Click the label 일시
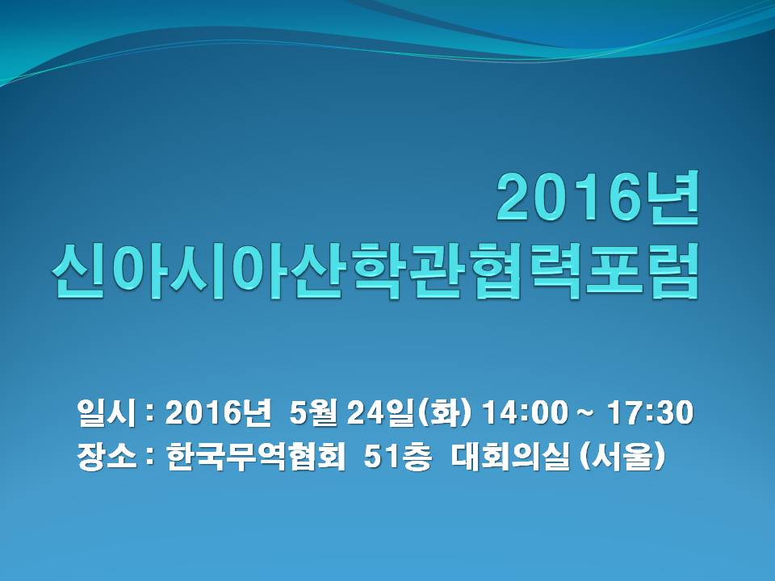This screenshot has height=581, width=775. click(x=107, y=412)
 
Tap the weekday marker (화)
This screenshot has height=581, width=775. click(x=444, y=413)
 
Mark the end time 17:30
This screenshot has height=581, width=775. click(x=651, y=412)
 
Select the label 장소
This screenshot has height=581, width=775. click(x=107, y=456)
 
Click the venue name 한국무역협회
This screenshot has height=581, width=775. click(x=256, y=456)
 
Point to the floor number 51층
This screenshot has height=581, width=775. click(x=397, y=456)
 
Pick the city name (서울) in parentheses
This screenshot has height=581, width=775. click(x=622, y=457)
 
